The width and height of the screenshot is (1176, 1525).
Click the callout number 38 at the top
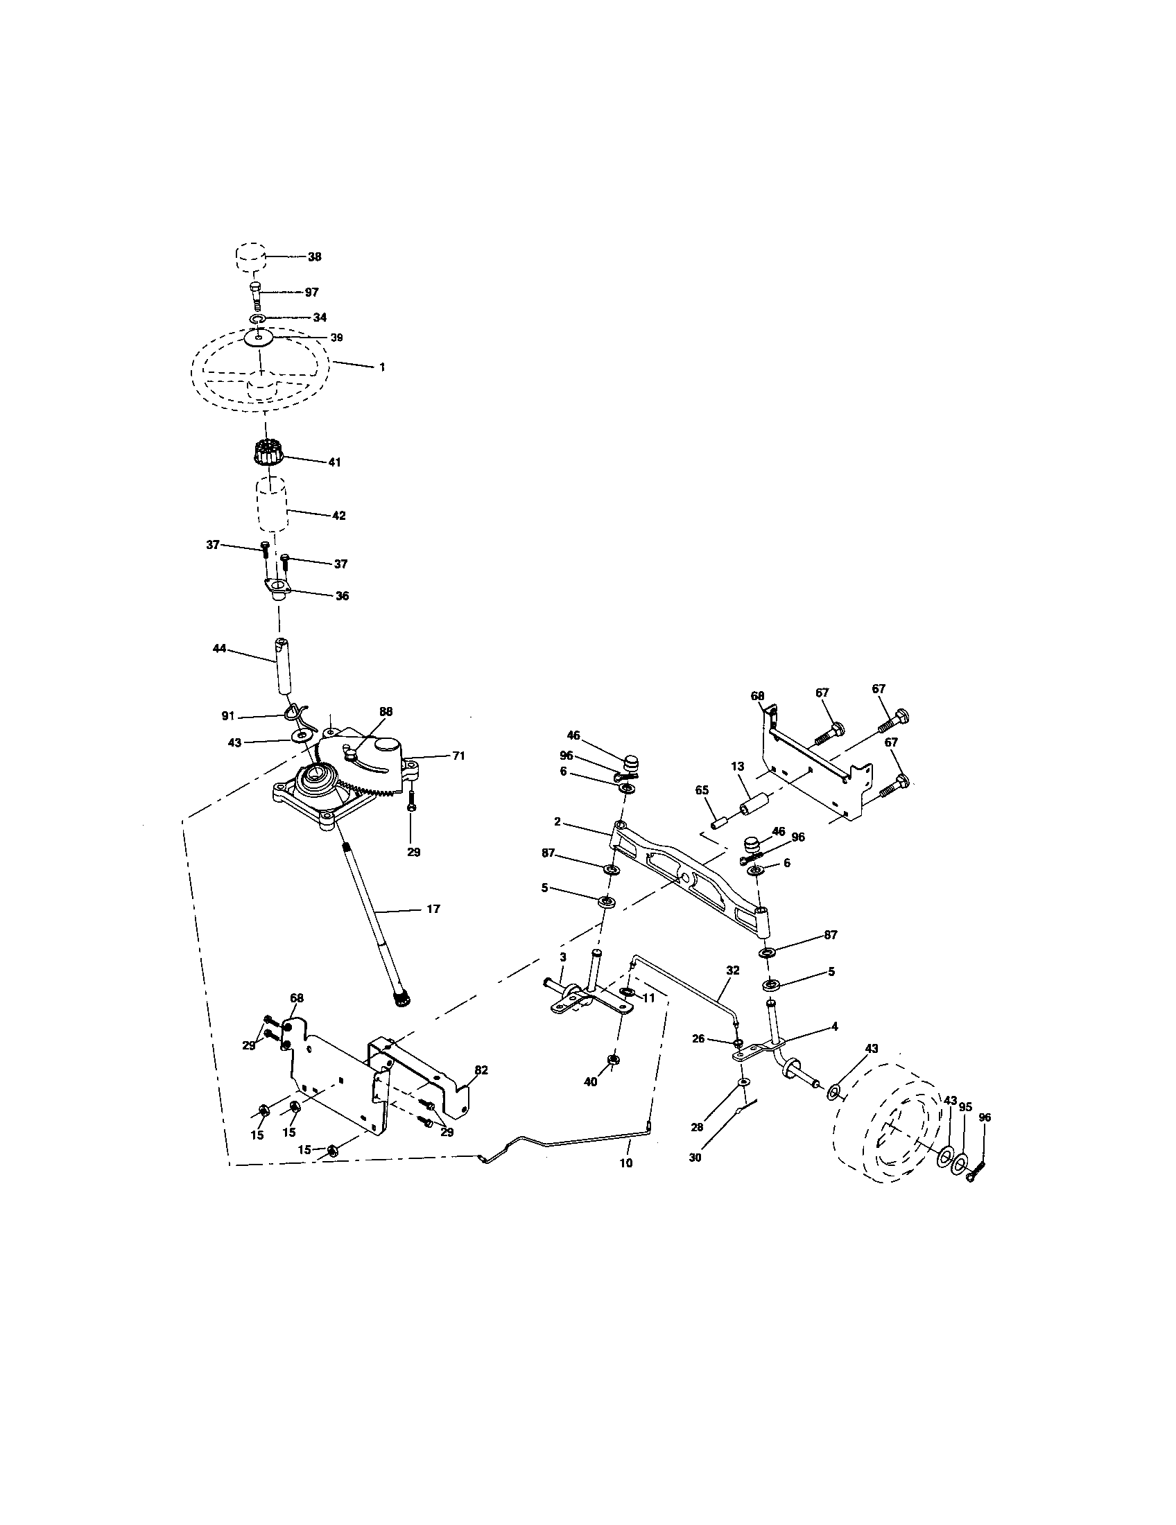click(x=314, y=257)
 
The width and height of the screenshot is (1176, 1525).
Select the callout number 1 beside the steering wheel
click(x=382, y=367)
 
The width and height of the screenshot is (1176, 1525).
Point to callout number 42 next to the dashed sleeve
click(x=338, y=515)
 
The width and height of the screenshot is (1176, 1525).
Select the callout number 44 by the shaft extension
click(x=219, y=649)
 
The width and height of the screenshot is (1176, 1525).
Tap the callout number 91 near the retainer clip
click(x=228, y=717)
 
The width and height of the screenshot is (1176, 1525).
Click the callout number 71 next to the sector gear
click(x=458, y=756)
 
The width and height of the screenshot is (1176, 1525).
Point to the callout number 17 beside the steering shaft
click(x=433, y=909)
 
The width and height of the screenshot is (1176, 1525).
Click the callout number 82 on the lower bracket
click(x=481, y=1070)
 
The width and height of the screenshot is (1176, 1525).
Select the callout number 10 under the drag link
click(x=625, y=1163)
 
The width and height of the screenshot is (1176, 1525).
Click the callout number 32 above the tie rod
click(x=732, y=970)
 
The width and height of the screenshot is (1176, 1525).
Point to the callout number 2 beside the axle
click(x=557, y=822)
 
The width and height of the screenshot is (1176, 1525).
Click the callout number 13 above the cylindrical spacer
click(x=738, y=767)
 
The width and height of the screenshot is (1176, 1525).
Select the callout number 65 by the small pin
click(x=702, y=790)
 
